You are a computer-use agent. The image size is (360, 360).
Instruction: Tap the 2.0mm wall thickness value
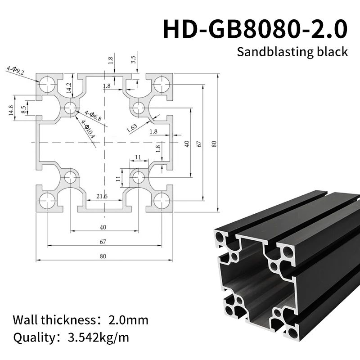[128, 320]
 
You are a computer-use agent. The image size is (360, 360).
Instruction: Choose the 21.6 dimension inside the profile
[102, 196]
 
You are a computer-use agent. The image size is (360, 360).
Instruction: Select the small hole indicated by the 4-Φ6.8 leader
[70, 108]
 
